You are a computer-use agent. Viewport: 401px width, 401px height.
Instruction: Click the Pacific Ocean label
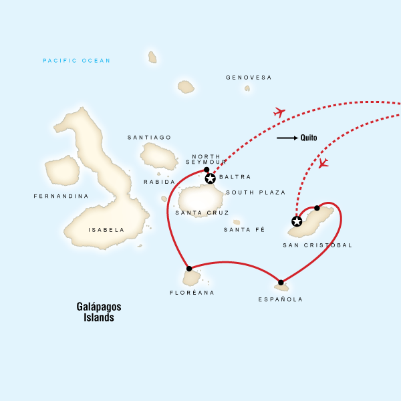[x=76, y=61]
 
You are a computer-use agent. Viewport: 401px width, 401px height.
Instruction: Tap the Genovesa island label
[x=249, y=78]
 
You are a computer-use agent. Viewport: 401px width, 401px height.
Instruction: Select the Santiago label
[x=149, y=137]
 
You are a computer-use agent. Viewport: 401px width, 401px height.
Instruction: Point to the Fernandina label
[x=61, y=196]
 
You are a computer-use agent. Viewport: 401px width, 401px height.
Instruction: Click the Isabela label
[x=106, y=230]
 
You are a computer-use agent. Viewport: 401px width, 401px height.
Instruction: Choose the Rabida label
[x=159, y=182]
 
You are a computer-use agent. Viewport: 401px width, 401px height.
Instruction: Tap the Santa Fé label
[x=244, y=229]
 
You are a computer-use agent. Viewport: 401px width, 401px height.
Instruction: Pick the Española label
[x=280, y=299]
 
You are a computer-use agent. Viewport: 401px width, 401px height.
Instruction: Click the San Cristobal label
[x=317, y=245]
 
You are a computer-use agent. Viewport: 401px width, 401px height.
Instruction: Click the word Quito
[x=309, y=138]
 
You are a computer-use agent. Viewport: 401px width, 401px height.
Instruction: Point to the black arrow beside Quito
[x=287, y=138]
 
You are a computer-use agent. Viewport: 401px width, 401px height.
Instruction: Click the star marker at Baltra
[x=211, y=178]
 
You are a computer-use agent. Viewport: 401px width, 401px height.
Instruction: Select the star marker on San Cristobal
[x=297, y=221]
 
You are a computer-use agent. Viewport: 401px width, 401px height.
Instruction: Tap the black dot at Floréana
[x=189, y=269]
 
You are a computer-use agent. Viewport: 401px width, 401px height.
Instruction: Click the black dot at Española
[x=281, y=282]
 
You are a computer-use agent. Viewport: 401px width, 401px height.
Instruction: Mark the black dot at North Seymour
[x=207, y=170]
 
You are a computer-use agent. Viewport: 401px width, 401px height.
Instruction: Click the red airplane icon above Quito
[x=279, y=112]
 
